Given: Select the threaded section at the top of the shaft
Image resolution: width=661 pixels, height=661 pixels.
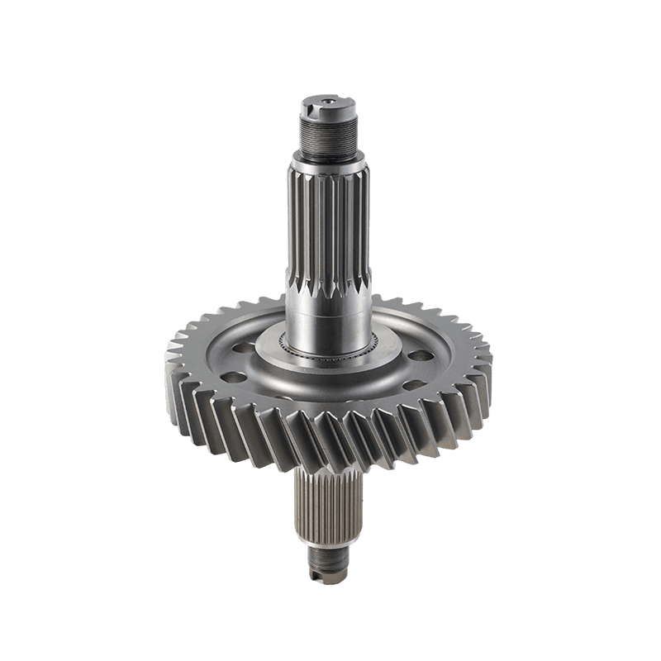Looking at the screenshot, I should [327, 131].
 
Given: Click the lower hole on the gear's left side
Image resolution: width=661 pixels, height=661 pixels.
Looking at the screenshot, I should [235, 377].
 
